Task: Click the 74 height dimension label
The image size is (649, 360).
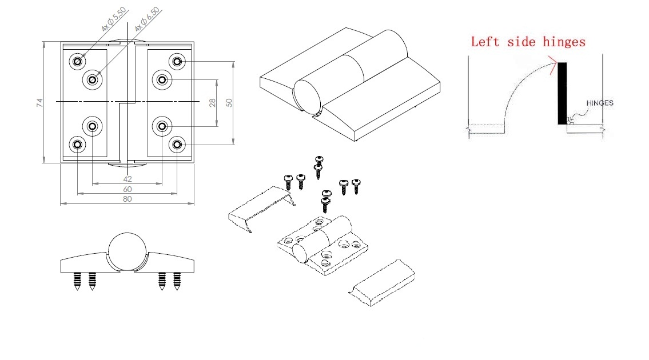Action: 39,103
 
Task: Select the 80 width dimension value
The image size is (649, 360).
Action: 127,199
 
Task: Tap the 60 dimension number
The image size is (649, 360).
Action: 127,189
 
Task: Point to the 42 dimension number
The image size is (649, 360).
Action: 127,179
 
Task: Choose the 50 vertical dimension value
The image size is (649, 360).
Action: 229,102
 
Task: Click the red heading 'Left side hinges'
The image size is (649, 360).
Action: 528,41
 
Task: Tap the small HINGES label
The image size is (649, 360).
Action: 600,103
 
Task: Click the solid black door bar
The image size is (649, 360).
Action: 563,93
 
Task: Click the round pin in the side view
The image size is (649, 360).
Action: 128,252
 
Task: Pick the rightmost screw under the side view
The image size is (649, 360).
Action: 177,281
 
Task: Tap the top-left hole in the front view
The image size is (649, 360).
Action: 77,61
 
